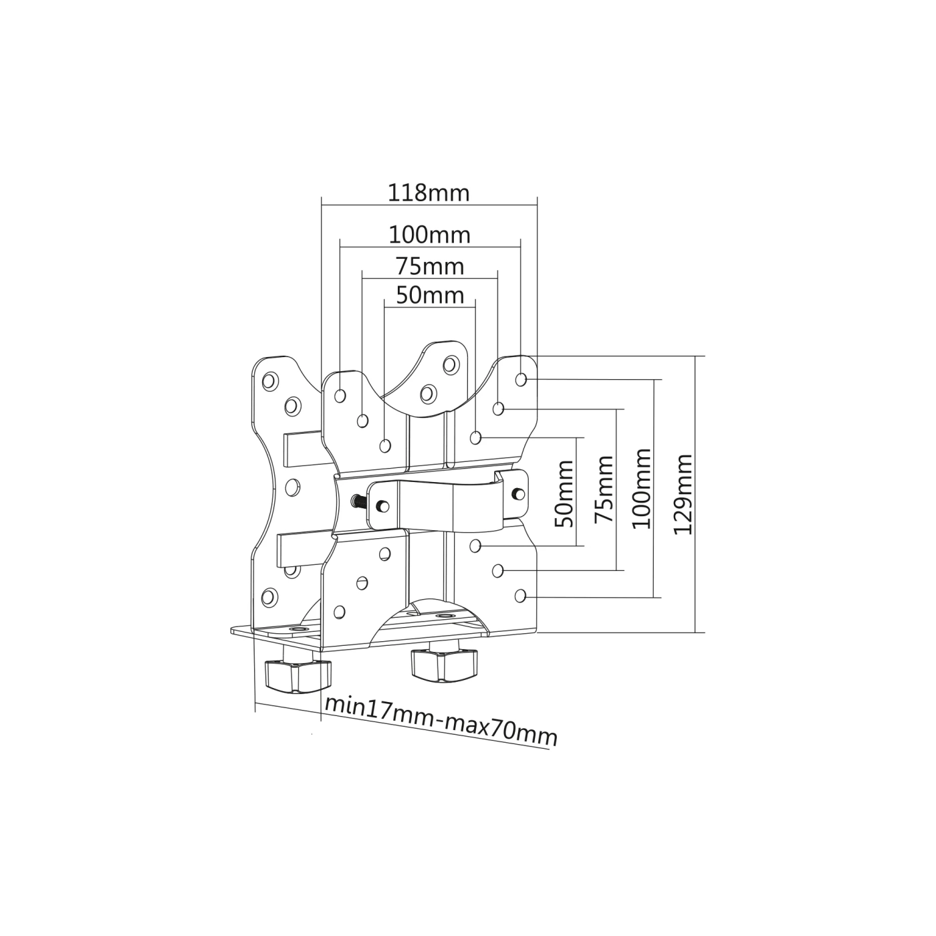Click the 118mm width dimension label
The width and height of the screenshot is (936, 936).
point(429,193)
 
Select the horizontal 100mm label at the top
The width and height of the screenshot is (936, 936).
point(429,235)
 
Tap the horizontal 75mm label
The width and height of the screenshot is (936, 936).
point(429,266)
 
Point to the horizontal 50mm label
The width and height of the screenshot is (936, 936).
point(429,295)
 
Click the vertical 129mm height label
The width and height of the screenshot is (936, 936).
point(683,493)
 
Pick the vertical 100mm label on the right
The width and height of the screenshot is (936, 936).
point(642,488)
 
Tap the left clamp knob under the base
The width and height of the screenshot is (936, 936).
point(298,676)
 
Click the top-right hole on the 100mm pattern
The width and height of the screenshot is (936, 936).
point(521,380)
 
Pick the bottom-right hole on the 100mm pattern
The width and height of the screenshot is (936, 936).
point(521,595)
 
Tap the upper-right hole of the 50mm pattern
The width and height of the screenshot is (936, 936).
point(475,438)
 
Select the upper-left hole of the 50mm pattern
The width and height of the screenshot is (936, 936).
point(384,445)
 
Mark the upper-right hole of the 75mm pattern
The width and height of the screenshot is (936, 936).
point(498,408)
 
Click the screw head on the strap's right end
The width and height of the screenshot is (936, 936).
point(516,493)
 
